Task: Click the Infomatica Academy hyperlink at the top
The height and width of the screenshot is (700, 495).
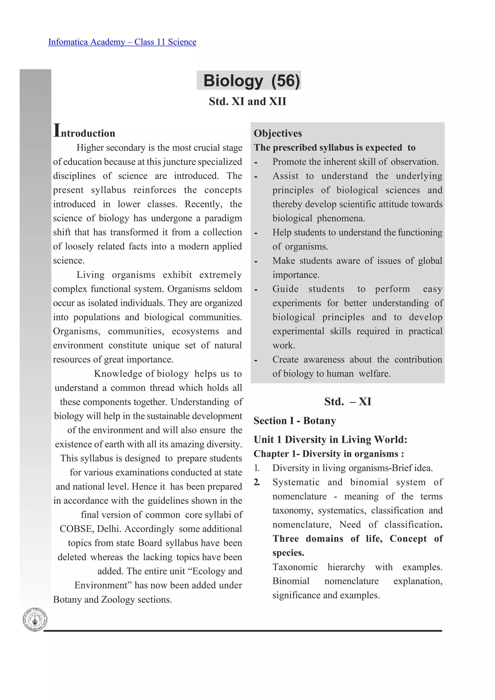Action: (122, 42)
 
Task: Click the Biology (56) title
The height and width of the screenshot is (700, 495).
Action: (251, 81)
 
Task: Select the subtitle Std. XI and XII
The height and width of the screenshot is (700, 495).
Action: (247, 101)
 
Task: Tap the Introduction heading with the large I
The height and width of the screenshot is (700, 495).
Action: (84, 132)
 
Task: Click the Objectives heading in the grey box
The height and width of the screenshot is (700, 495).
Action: (277, 133)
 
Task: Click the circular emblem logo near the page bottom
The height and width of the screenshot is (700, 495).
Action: (35, 620)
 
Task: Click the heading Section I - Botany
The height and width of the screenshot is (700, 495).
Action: (295, 421)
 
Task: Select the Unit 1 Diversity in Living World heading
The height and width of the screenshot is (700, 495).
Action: (330, 440)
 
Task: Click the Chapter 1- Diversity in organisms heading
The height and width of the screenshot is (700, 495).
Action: (328, 454)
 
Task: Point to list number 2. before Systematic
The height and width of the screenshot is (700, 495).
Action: (257, 482)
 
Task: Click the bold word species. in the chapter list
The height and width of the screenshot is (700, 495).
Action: (288, 553)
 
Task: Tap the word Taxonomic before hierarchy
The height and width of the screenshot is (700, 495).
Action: (295, 567)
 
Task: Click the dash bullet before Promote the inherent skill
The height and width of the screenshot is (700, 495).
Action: (256, 163)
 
